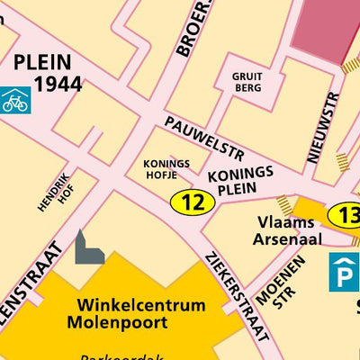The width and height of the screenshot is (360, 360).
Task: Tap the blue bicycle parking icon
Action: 14,100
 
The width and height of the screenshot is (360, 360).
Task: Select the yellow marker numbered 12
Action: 193,202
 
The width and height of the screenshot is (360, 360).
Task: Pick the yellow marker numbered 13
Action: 345,215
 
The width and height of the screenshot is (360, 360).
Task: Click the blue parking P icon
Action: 343,272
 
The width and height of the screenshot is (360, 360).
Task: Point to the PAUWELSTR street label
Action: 204,137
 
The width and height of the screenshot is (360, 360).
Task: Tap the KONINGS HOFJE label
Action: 166,169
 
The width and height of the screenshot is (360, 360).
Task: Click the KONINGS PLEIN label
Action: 239,180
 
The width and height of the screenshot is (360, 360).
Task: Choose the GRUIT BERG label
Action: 247,84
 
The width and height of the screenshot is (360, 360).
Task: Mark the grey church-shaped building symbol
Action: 87,248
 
